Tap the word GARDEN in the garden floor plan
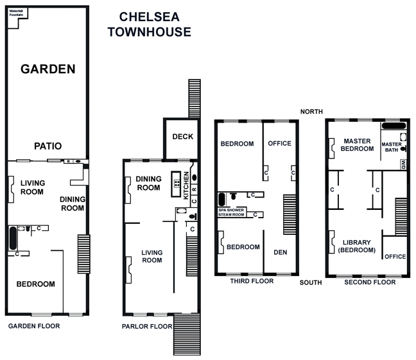point(48,69)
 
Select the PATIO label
point(48,146)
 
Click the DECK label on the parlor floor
point(182,137)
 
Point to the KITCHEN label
point(186,185)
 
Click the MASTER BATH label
point(392,147)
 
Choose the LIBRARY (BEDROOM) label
point(356,247)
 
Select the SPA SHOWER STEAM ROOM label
point(232,212)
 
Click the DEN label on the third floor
point(281,252)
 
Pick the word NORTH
point(311,112)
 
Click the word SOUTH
point(311,282)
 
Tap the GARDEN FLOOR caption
point(34,326)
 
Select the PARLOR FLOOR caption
point(147,326)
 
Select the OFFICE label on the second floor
point(395,257)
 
